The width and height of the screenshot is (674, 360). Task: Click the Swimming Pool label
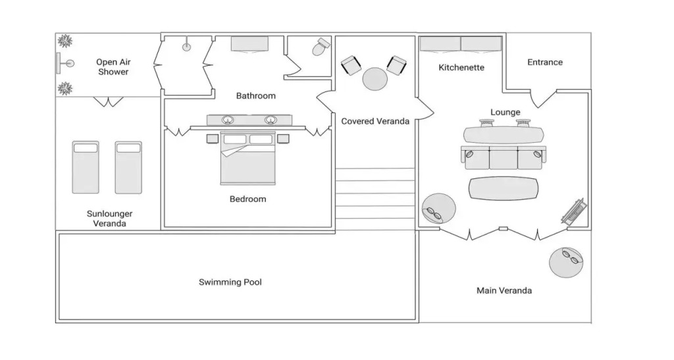(230, 282)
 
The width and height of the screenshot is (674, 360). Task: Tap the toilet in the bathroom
(321, 47)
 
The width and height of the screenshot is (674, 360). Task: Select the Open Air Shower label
(113, 67)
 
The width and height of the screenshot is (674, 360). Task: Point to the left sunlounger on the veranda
(86, 167)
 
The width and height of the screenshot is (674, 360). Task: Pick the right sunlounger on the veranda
(128, 167)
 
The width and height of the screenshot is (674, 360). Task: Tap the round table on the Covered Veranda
(375, 79)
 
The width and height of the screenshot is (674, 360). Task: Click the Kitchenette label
(461, 68)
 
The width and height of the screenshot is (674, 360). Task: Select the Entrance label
(545, 63)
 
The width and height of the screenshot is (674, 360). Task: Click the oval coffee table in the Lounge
(503, 189)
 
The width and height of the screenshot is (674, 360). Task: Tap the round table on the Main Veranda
(566, 262)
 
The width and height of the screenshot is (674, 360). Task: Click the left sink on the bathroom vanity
(228, 120)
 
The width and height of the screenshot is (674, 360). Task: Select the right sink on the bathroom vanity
(270, 120)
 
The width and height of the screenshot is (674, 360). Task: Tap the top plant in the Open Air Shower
(65, 41)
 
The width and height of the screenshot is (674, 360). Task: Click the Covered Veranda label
(375, 121)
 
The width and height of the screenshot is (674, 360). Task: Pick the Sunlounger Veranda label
(110, 219)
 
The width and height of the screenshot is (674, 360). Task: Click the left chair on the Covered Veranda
(351, 65)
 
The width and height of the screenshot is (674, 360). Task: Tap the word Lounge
(505, 113)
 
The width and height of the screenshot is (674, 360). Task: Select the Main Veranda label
(504, 290)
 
